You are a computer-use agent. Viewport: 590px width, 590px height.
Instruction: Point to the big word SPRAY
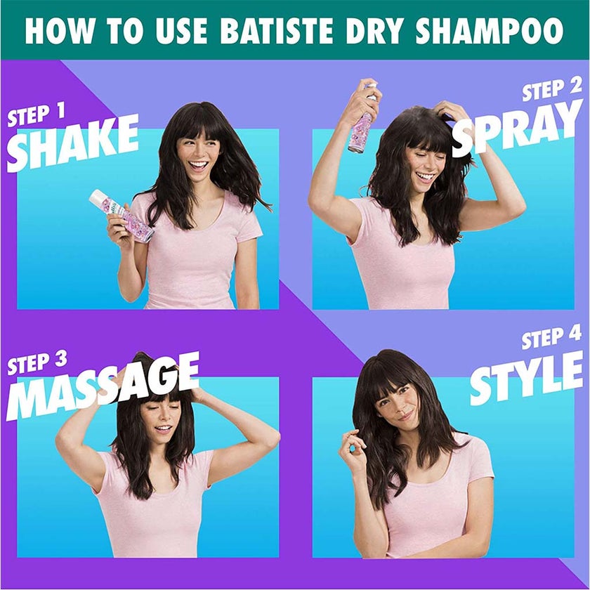[518, 129]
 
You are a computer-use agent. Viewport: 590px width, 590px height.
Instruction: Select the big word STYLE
[527, 377]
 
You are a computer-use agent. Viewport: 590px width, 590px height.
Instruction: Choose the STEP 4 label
[551, 338]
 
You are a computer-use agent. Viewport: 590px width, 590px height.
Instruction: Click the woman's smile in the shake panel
[199, 166]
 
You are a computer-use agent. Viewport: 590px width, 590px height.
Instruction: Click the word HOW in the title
[54, 32]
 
